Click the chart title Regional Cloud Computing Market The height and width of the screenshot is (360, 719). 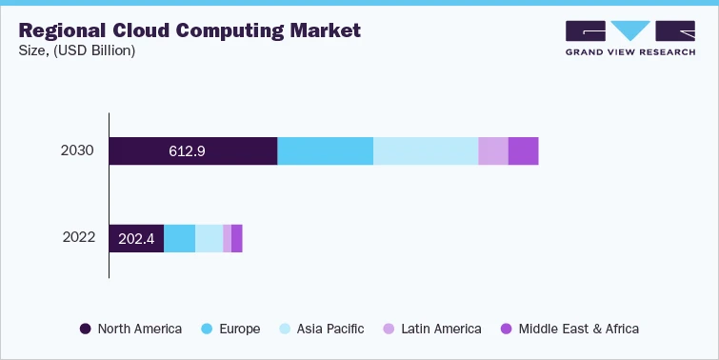[190, 30]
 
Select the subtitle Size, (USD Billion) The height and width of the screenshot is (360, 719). [77, 50]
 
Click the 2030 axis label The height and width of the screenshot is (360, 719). [78, 151]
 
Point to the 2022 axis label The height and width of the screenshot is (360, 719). [78, 238]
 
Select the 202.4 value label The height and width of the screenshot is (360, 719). [137, 239]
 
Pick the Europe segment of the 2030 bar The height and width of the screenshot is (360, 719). [325, 151]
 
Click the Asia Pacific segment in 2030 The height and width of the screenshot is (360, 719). [425, 151]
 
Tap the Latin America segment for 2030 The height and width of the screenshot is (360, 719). [492, 151]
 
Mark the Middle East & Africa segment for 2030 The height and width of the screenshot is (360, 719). [523, 151]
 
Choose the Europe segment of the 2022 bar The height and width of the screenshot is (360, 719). [179, 239]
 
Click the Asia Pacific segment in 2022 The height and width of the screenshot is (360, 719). [209, 239]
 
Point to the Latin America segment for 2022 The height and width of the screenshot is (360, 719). [227, 239]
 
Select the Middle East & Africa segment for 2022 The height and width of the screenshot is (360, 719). [236, 239]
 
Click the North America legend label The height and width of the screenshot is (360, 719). [140, 329]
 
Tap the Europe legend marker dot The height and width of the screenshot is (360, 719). [207, 329]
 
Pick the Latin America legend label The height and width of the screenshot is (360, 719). [441, 329]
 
